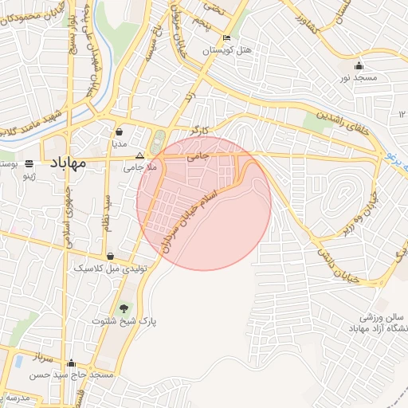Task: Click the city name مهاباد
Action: coord(68,163)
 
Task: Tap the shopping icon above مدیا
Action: coord(119,132)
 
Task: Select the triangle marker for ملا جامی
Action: coord(140,156)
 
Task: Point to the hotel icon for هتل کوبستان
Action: coord(227,37)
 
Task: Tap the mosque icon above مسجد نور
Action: coord(359,66)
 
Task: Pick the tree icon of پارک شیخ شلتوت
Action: coord(124,308)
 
